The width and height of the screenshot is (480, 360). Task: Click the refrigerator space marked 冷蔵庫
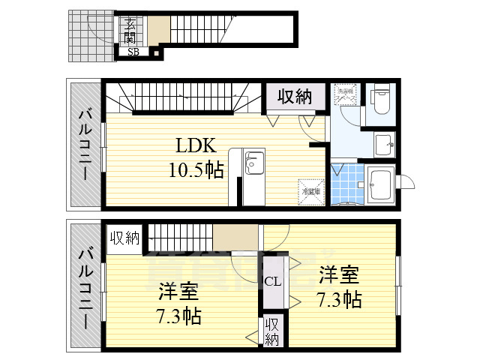pos(310,190)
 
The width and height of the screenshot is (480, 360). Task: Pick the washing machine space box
pos(346,98)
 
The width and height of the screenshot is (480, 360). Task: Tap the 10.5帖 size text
pos(196,169)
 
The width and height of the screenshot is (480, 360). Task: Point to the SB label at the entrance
pos(133,52)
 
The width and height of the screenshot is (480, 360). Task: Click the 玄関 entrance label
pos(131,31)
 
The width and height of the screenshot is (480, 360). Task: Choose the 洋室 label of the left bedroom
pos(177,291)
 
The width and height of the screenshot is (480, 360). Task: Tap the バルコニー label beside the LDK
pos(85,143)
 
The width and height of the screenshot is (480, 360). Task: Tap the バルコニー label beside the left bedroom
pos(85,286)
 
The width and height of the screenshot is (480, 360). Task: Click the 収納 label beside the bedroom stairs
pos(125,238)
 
